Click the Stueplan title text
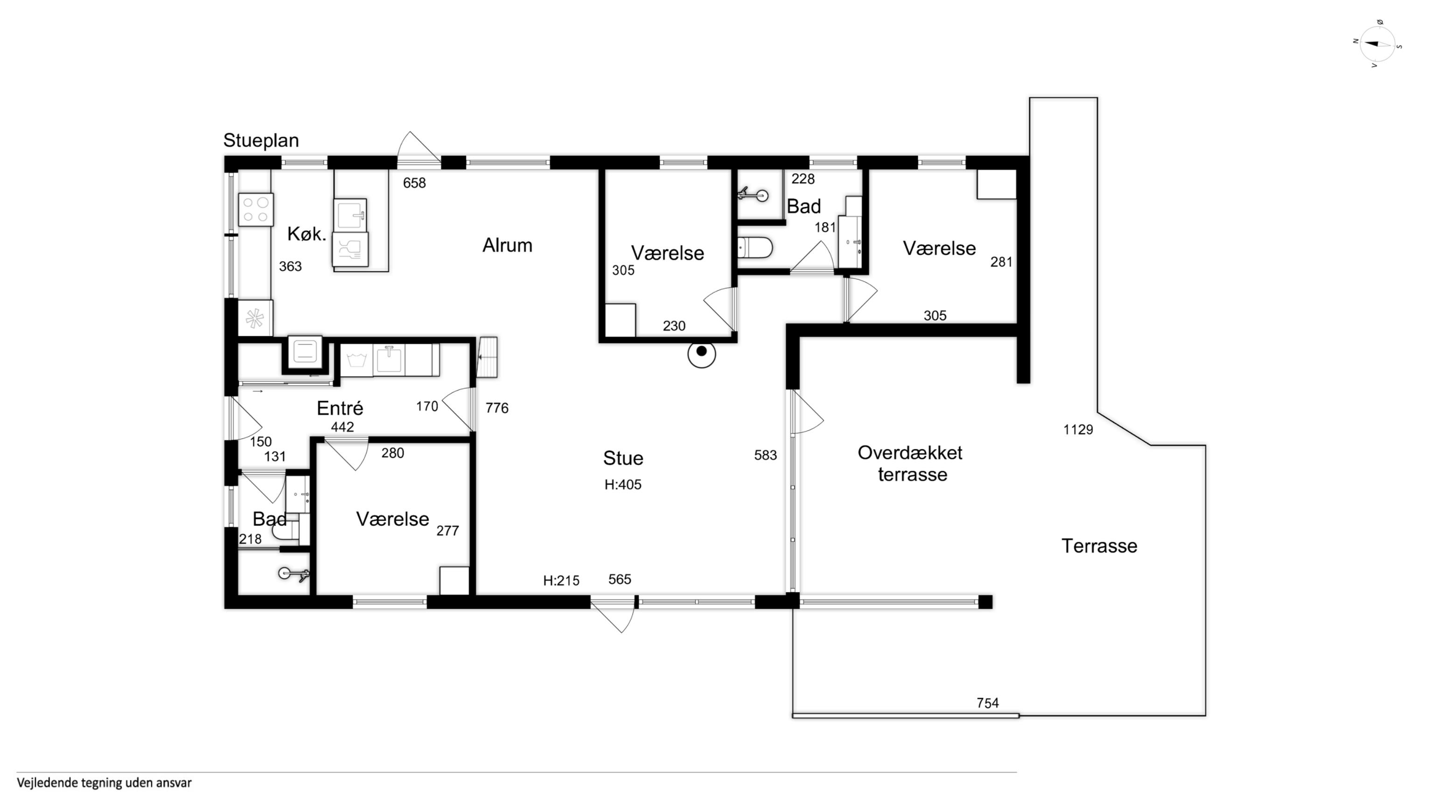pyautogui.click(x=261, y=141)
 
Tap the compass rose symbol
pyautogui.click(x=1377, y=44)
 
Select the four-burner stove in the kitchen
pyautogui.click(x=256, y=209)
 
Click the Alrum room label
pyautogui.click(x=507, y=245)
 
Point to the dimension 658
pyautogui.click(x=414, y=183)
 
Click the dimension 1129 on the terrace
pyautogui.click(x=1078, y=430)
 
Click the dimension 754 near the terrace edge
pyautogui.click(x=987, y=703)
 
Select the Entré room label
pyautogui.click(x=340, y=408)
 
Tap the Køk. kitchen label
pyautogui.click(x=306, y=234)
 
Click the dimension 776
pyautogui.click(x=496, y=408)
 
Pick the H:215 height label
pyautogui.click(x=561, y=581)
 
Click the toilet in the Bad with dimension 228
pyautogui.click(x=755, y=247)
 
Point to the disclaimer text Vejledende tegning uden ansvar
pyautogui.click(x=104, y=783)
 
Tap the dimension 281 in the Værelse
pyautogui.click(x=1001, y=262)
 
